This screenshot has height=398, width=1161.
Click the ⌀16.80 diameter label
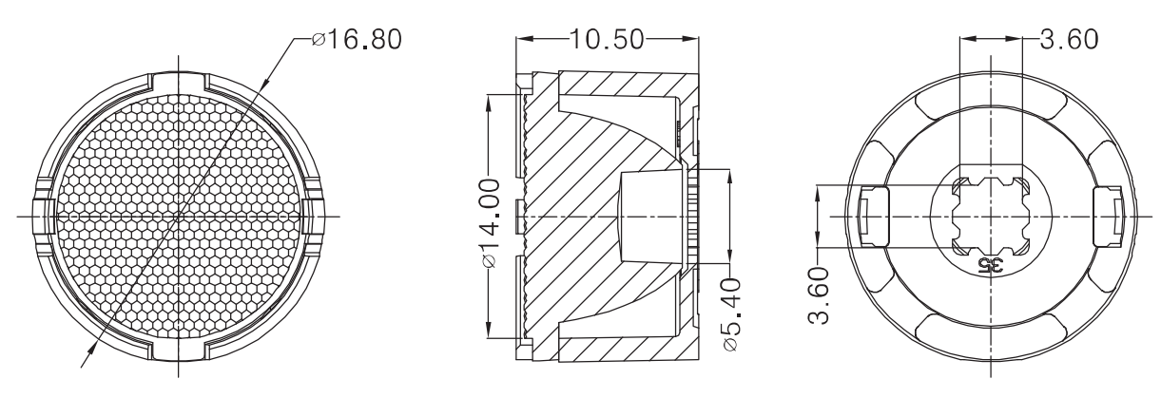(x=358, y=40)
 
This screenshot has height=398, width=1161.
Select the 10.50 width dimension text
(x=607, y=39)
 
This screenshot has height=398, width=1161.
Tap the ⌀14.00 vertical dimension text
(x=489, y=223)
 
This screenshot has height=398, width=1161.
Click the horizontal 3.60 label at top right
(x=1070, y=39)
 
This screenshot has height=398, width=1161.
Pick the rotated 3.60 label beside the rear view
(x=819, y=295)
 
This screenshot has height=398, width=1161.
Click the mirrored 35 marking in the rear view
(x=991, y=266)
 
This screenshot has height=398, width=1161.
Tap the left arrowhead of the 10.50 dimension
(x=525, y=39)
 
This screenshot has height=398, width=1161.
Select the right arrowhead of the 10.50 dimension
(x=689, y=39)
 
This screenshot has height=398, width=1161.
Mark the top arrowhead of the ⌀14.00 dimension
(x=489, y=104)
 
